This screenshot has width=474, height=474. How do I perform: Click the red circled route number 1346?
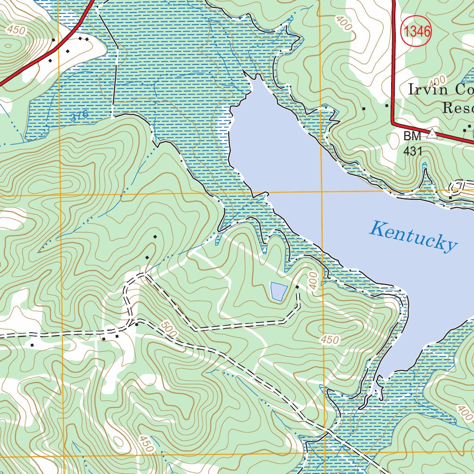pyautogui.click(x=416, y=31)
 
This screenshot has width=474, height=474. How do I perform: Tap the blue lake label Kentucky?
pyautogui.click(x=413, y=236)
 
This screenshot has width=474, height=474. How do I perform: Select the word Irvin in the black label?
pyautogui.click(x=425, y=89)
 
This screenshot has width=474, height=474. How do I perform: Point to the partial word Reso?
pyautogui.click(x=458, y=108)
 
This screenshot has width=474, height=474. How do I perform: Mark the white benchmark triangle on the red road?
pyautogui.click(x=432, y=134)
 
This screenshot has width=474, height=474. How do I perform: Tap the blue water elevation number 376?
pyautogui.click(x=80, y=117)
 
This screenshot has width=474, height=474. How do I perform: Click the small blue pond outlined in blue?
pyautogui.click(x=279, y=291)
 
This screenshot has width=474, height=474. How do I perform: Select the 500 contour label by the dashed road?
pyautogui.click(x=169, y=329)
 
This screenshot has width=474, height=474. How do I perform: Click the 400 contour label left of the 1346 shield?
pyautogui.click(x=344, y=24)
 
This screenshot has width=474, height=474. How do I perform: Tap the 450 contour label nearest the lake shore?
pyautogui.click(x=330, y=340)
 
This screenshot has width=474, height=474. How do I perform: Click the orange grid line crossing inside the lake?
pyautogui.click(x=322, y=191)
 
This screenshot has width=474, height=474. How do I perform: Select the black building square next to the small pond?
pyautogui.click(x=297, y=287)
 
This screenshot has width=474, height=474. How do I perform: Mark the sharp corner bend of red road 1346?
pyautogui.click(x=393, y=123)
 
